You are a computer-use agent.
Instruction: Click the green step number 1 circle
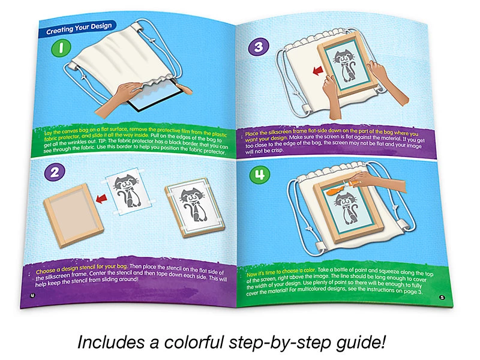[61, 48]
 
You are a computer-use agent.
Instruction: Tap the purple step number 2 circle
[55, 172]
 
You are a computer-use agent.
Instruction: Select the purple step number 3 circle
[259, 47]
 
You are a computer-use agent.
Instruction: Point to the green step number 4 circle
[260, 175]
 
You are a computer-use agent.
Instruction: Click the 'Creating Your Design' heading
[79, 28]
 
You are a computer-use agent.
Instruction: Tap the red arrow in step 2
[101, 199]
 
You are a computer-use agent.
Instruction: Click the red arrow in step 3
[318, 71]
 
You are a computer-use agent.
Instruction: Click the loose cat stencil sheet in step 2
[130, 194]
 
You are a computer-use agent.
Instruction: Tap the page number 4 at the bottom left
[32, 295]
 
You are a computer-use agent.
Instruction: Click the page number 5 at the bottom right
[442, 297]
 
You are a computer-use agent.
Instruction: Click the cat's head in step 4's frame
[346, 202]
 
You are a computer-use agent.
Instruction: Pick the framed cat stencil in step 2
[194, 207]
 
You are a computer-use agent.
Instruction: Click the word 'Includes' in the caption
[111, 342]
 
